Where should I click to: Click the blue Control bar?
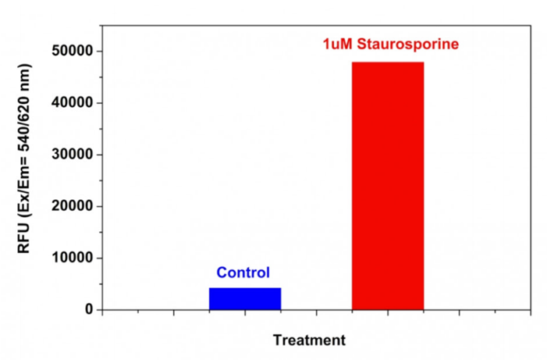click(x=245, y=299)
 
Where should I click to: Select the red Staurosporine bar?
click(x=388, y=186)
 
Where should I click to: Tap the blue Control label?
click(x=243, y=273)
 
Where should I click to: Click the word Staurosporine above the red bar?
click(x=408, y=44)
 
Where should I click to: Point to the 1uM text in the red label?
click(x=338, y=44)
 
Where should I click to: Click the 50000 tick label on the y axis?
click(x=73, y=51)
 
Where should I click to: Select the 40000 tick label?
click(x=73, y=102)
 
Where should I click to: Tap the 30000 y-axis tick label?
click(x=73, y=155)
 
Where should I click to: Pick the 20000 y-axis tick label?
click(x=73, y=206)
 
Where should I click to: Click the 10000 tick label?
click(x=73, y=258)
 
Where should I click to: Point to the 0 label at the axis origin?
click(x=89, y=309)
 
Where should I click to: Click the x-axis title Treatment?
click(x=309, y=340)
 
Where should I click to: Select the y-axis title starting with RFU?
click(x=24, y=159)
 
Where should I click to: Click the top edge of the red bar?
click(x=388, y=62)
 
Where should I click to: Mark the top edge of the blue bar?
click(x=245, y=288)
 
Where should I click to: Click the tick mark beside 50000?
click(x=99, y=52)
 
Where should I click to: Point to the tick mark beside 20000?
click(x=99, y=206)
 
